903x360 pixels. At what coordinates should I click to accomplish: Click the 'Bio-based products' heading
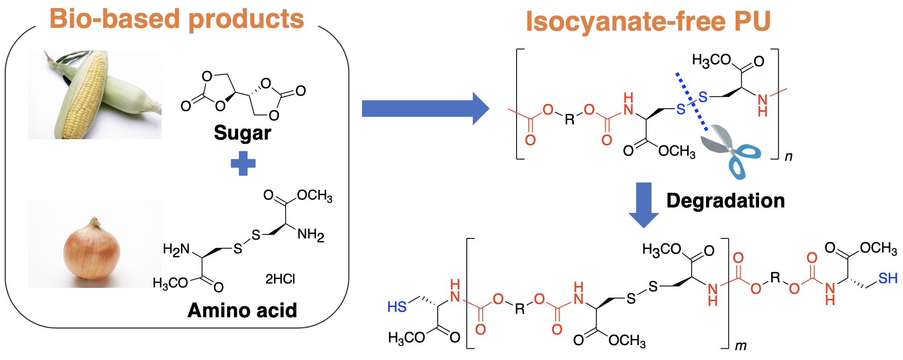pyautogui.click(x=177, y=20)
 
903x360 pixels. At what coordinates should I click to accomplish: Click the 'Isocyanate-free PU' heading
pyautogui.click(x=648, y=21)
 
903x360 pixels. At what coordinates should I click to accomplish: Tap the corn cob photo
pyautogui.click(x=94, y=95)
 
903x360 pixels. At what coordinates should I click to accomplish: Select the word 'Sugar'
pyautogui.click(x=242, y=133)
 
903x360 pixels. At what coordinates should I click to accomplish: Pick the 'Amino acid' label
pyautogui.click(x=242, y=311)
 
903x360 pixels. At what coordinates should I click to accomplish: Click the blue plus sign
pyautogui.click(x=243, y=163)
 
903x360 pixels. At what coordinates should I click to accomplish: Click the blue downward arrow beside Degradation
pyautogui.click(x=643, y=204)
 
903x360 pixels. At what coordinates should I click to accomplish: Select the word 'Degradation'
pyautogui.click(x=725, y=201)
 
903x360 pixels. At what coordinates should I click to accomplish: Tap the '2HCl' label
pyautogui.click(x=280, y=279)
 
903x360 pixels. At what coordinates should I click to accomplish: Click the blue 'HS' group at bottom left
pyautogui.click(x=397, y=307)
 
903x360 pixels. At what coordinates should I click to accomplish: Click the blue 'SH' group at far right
pyautogui.click(x=888, y=278)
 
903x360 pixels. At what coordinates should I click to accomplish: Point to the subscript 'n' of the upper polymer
pyautogui.click(x=788, y=156)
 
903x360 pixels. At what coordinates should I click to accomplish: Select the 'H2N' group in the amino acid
pyautogui.click(x=176, y=249)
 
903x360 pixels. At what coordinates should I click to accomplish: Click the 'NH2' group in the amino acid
pyautogui.click(x=311, y=235)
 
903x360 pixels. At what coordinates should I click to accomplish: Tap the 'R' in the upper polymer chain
pyautogui.click(x=570, y=119)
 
